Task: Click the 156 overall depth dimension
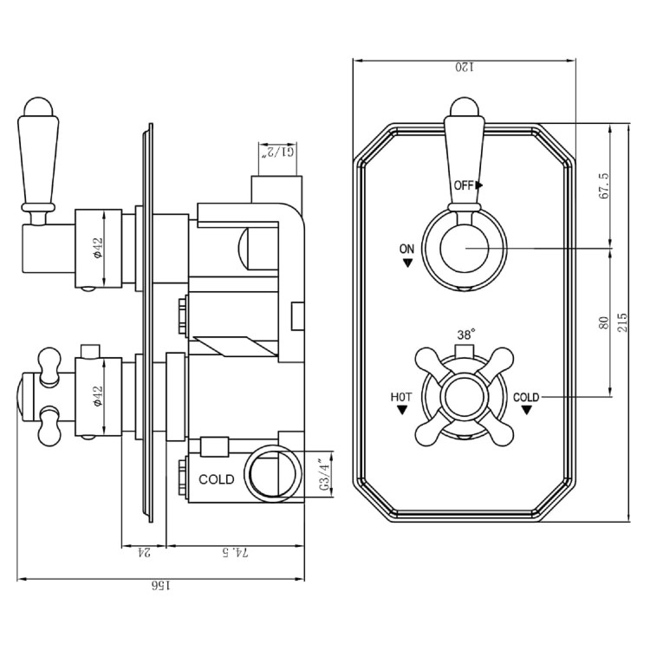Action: tap(160, 587)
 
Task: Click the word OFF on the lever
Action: tap(465, 185)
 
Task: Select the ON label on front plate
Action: tap(407, 248)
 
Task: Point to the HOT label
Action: tap(400, 397)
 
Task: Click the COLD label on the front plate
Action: tap(525, 397)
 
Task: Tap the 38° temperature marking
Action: tap(465, 334)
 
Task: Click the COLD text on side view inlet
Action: tap(217, 479)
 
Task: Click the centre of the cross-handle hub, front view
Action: tap(465, 397)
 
